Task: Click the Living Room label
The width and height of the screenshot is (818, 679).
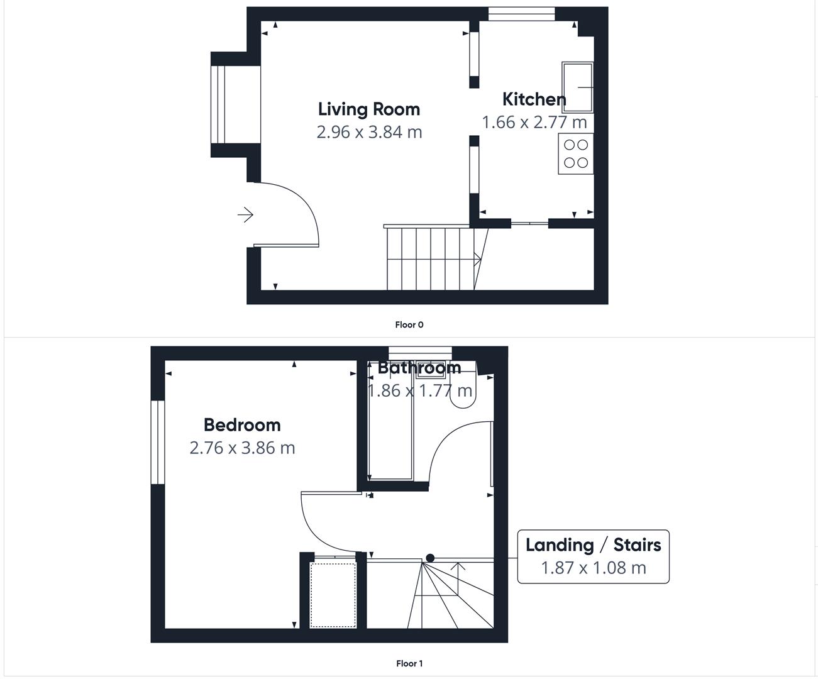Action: [368, 109]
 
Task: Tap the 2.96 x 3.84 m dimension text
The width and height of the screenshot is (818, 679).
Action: [369, 132]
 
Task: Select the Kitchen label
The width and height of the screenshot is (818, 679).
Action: [534, 99]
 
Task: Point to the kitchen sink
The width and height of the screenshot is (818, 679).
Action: [577, 87]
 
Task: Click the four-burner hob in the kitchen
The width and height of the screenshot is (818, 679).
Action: [575, 153]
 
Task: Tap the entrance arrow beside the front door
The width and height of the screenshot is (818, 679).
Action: [245, 215]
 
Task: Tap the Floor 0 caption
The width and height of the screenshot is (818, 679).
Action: [409, 325]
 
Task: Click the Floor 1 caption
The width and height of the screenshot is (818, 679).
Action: [409, 663]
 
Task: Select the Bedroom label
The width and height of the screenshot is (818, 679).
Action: [242, 425]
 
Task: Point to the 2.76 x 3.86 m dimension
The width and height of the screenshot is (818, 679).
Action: [242, 448]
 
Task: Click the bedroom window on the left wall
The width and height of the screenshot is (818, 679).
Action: [157, 442]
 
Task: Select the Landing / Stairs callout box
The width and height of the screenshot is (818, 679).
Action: [593, 556]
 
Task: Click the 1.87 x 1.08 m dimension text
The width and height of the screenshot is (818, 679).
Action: [593, 568]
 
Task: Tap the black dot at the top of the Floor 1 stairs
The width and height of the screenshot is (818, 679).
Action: [430, 558]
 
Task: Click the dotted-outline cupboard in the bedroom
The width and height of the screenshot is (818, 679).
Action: [333, 594]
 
